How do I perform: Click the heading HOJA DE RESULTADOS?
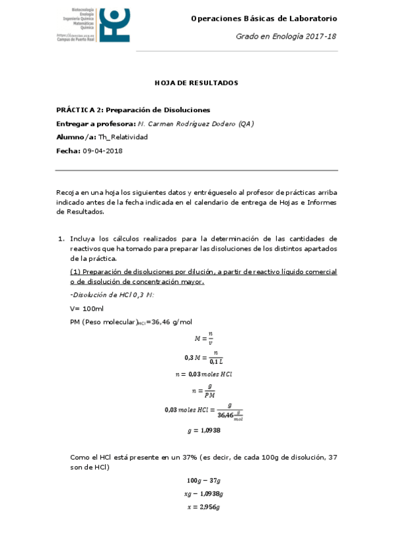point(196,83)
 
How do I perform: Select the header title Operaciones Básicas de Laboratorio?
point(264,19)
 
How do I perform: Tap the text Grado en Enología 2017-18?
point(287,37)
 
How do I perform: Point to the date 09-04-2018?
point(102,151)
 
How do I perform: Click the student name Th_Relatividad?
point(123,137)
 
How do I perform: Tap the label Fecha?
point(68,151)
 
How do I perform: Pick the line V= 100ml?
point(87,308)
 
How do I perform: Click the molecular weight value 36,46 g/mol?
point(172,321)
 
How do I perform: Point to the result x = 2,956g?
point(203,507)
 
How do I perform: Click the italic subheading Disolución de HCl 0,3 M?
point(112,294)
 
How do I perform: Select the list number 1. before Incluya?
point(60,239)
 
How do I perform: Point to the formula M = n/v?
point(203,338)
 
